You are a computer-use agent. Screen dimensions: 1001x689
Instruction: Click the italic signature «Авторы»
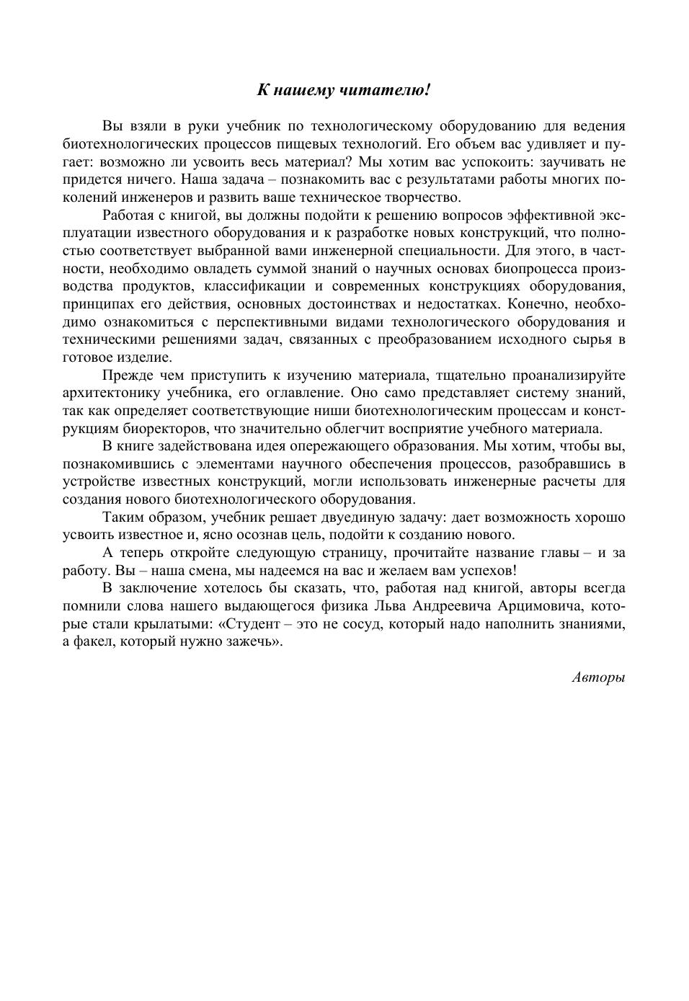598,677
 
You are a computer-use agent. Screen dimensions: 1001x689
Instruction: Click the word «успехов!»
487,571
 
